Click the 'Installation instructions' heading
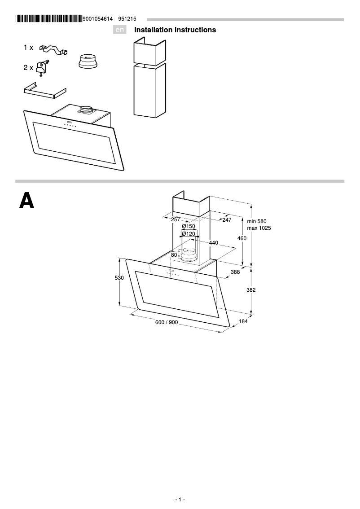click(x=175, y=30)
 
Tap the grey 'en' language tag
click(x=119, y=30)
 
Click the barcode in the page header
click(x=48, y=19)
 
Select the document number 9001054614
click(x=97, y=19)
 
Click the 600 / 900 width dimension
click(x=167, y=323)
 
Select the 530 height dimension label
click(x=119, y=278)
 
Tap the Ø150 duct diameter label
click(x=189, y=226)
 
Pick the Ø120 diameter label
click(x=189, y=234)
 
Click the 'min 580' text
click(x=257, y=221)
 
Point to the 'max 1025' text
click(x=259, y=228)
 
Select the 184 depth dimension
click(x=243, y=321)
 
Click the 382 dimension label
click(x=251, y=290)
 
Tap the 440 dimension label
click(x=213, y=243)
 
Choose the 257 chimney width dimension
click(x=176, y=219)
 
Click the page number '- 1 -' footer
click(x=180, y=500)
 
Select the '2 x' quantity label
click(x=28, y=68)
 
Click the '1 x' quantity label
click(x=28, y=47)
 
